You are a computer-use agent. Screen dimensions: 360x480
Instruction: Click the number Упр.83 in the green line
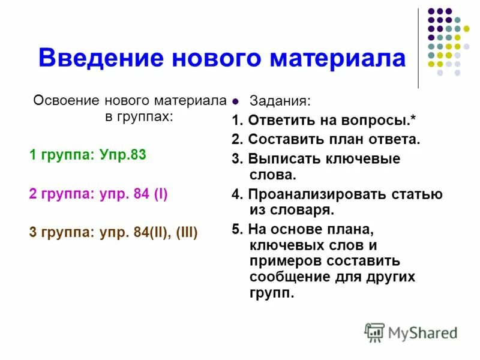125,155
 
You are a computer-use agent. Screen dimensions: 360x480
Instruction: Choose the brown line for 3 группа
113,232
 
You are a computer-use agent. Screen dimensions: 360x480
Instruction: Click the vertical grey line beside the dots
418,48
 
